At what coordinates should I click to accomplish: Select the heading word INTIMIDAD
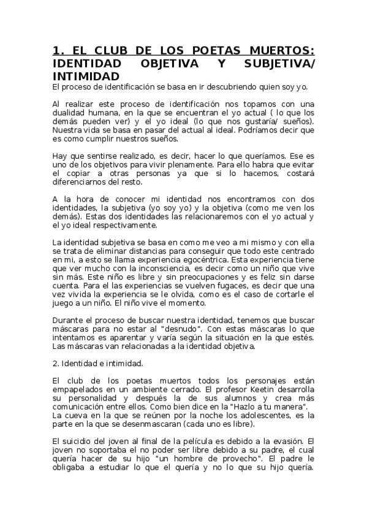tap(86, 77)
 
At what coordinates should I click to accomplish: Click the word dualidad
tap(70, 113)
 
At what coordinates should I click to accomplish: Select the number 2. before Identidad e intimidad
tap(56, 362)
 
